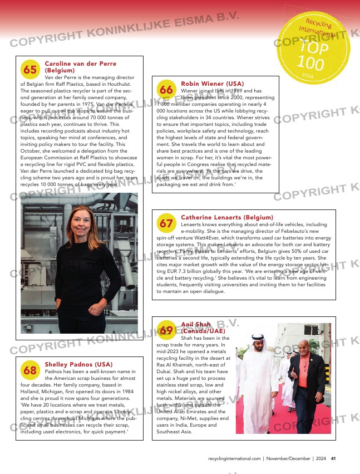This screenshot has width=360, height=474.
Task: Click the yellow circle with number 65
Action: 31,70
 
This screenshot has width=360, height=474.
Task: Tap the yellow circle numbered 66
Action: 166,90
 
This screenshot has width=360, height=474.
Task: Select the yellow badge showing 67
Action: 166,223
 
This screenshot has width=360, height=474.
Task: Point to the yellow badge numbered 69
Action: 166,330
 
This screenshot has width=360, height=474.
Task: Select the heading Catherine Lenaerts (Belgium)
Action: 227,217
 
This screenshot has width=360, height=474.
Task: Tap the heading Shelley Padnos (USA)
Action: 78,364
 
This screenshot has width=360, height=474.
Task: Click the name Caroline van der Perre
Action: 81,64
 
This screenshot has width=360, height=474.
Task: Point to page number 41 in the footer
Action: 333,458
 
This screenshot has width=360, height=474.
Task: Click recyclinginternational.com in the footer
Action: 234,458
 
